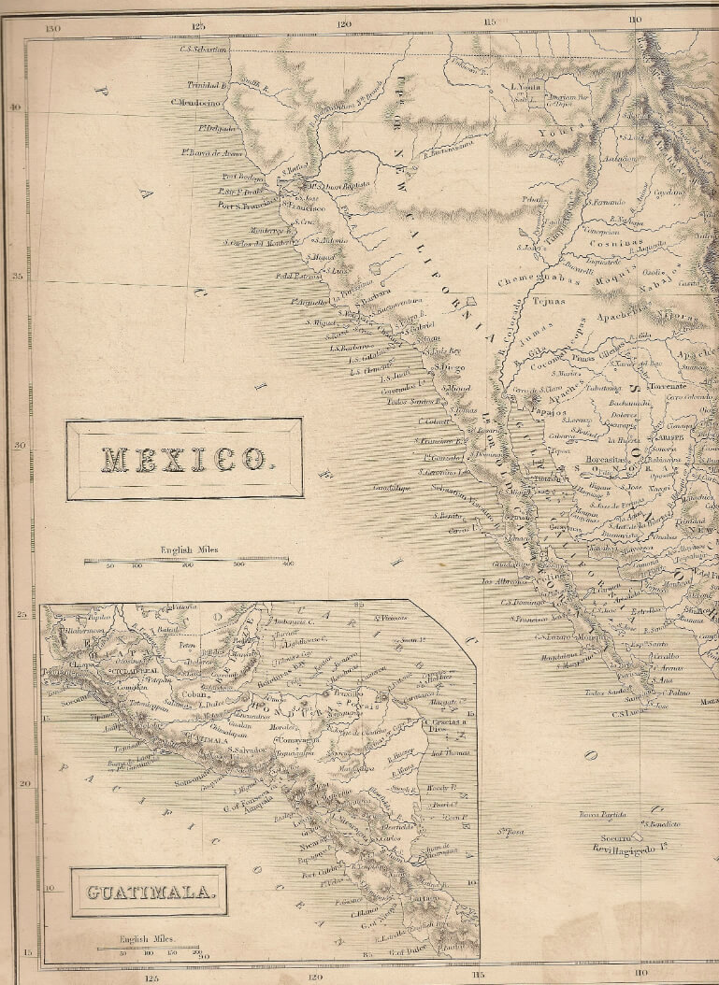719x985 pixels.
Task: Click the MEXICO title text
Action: click(183, 459)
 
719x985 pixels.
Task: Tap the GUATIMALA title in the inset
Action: click(151, 892)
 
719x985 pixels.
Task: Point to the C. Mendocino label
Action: click(194, 102)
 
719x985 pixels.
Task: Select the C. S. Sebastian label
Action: click(204, 50)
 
